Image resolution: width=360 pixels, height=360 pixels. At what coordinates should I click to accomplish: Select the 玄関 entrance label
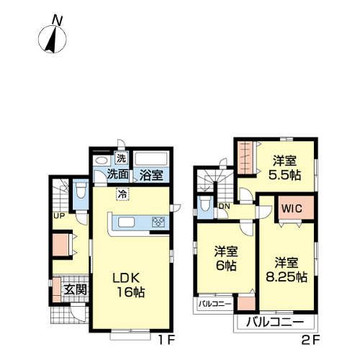75,290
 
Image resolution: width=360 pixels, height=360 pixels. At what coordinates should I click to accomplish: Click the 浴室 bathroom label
151,175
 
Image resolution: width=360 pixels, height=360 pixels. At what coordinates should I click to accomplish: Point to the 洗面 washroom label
118,174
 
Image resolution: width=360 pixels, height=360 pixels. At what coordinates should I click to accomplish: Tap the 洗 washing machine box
121,158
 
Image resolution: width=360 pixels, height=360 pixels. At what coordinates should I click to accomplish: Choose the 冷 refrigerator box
122,194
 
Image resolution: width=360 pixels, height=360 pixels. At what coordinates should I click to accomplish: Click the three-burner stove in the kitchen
158,222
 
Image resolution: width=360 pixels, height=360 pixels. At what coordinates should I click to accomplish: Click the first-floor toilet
81,189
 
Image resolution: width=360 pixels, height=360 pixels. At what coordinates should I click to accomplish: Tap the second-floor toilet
205,204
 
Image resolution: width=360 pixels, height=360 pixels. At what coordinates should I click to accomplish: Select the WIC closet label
292,208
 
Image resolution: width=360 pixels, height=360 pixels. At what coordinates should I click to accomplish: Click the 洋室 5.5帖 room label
284,168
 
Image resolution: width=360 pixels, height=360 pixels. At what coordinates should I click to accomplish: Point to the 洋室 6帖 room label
226,258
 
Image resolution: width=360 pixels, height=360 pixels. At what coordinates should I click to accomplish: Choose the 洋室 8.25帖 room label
287,270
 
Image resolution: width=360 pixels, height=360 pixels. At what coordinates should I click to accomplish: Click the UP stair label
59,216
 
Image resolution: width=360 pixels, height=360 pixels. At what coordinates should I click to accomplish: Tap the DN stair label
225,206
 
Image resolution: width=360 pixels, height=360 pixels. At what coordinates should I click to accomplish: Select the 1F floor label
166,340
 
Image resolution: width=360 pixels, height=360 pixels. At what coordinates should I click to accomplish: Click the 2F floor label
310,340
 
